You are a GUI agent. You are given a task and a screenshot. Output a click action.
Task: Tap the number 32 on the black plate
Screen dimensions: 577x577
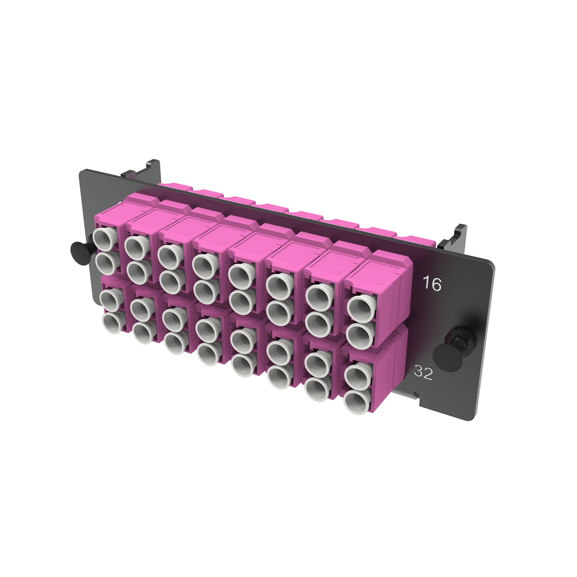(x=423, y=372)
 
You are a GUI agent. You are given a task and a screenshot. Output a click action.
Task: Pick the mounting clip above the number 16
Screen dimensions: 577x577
(x=454, y=237)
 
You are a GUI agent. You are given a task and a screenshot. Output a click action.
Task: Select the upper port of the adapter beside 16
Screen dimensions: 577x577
(x=359, y=306)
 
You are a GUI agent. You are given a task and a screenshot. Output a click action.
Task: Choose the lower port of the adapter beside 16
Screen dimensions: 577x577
(x=359, y=332)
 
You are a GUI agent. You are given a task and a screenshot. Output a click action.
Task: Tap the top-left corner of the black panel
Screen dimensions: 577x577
(x=82, y=172)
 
